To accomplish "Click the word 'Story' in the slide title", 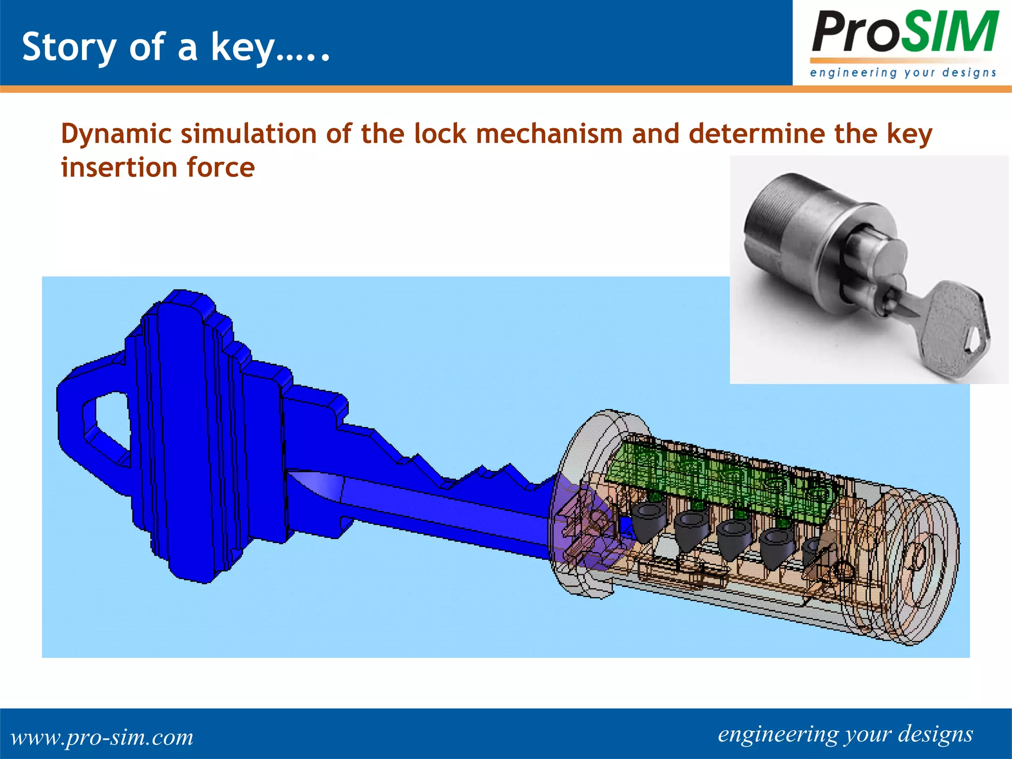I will coord(69,48).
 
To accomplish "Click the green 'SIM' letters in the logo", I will coord(954,33).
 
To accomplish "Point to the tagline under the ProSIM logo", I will coord(903,73).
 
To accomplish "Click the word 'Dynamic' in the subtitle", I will coord(114,134).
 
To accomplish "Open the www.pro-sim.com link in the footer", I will coord(102,737).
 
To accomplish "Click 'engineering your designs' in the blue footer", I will coord(845,734).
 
